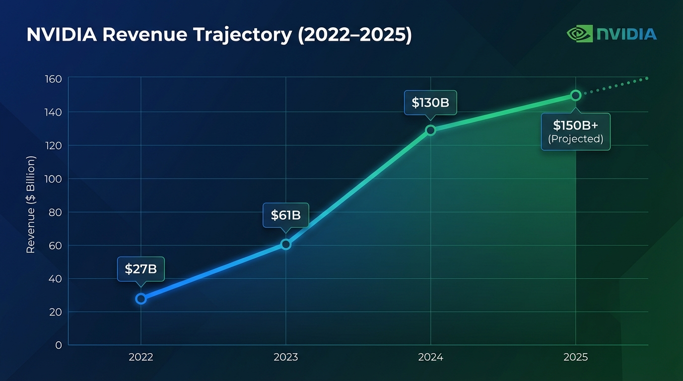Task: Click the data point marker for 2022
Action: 141,299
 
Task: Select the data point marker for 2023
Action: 285,244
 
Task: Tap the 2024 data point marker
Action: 430,130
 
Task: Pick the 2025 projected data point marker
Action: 575,95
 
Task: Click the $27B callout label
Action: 140,269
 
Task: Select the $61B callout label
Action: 285,215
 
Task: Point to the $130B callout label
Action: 430,103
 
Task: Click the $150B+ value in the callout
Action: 575,125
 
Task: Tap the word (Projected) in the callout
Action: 575,139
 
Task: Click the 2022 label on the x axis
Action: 141,357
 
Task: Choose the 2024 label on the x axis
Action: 430,357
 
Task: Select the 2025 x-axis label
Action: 575,357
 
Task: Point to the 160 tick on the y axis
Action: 53,79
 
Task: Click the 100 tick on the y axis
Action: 53,179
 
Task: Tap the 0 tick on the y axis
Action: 59,345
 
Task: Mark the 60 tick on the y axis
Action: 55,246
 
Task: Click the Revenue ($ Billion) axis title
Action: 31,205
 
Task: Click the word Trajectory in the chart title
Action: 239,35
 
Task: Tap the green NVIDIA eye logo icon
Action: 579,34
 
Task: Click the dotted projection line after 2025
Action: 615,86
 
